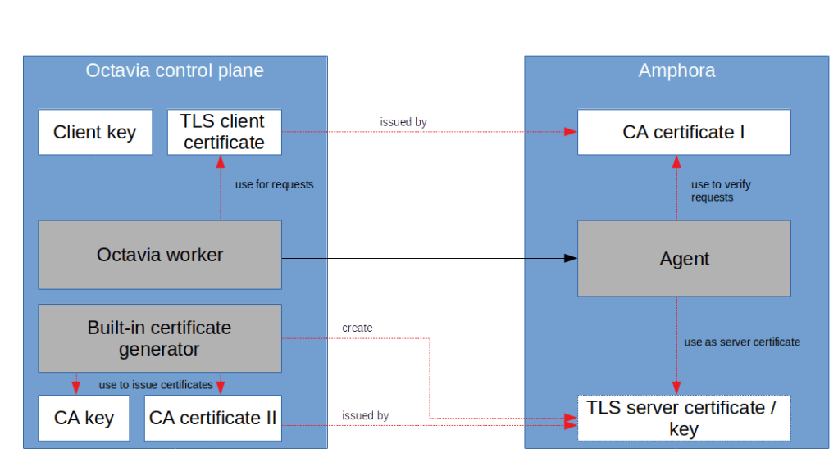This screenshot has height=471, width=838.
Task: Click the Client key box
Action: (95, 132)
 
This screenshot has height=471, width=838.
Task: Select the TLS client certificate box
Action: (224, 132)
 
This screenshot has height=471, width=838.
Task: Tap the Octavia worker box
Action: (160, 255)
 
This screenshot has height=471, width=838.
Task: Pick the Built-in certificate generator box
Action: (160, 338)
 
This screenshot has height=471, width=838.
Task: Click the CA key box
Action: (84, 418)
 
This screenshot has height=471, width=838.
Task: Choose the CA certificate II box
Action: (213, 418)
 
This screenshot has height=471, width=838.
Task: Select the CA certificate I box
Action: (684, 132)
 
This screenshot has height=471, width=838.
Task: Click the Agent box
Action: (684, 259)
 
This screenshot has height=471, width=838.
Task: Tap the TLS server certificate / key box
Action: (684, 418)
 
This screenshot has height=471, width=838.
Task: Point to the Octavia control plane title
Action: (175, 70)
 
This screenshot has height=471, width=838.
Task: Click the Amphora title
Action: (676, 70)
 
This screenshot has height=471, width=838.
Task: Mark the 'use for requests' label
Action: (274, 185)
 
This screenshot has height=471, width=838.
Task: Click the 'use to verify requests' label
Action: (720, 191)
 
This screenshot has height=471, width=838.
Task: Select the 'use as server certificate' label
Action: (742, 342)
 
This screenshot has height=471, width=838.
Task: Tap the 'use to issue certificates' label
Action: (156, 385)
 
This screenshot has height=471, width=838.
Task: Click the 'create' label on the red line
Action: (357, 328)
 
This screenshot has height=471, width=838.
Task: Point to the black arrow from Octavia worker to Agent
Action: (426, 259)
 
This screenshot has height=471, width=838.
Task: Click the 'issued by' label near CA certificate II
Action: (365, 416)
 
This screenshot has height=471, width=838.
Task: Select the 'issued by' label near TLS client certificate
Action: (403, 122)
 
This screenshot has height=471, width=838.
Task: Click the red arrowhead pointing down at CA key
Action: (76, 388)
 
